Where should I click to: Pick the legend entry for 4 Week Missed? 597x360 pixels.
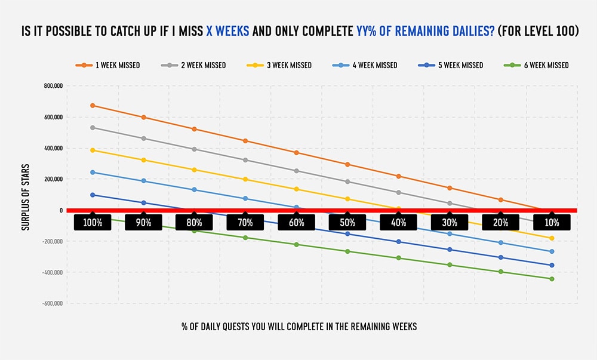coord(365,65)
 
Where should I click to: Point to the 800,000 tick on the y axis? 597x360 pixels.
coord(53,86)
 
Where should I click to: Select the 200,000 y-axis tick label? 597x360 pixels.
coord(53,179)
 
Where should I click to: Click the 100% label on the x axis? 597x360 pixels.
coord(93,223)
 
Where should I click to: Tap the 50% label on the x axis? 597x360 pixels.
coord(347,223)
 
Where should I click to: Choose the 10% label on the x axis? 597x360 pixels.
coord(552,223)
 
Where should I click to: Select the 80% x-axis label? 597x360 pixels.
coord(195,223)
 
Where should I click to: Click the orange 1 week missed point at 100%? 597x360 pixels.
coord(93,106)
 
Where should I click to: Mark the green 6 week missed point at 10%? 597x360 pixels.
coord(552,279)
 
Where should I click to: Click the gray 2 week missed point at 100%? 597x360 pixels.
coord(93,128)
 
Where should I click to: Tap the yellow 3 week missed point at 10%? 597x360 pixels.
coord(552,238)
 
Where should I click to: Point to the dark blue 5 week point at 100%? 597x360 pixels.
coord(93,195)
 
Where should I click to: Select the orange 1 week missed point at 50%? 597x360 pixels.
coord(347,164)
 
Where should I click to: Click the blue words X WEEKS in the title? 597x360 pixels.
coord(228,31)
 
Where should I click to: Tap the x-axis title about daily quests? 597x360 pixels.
coord(299,327)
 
